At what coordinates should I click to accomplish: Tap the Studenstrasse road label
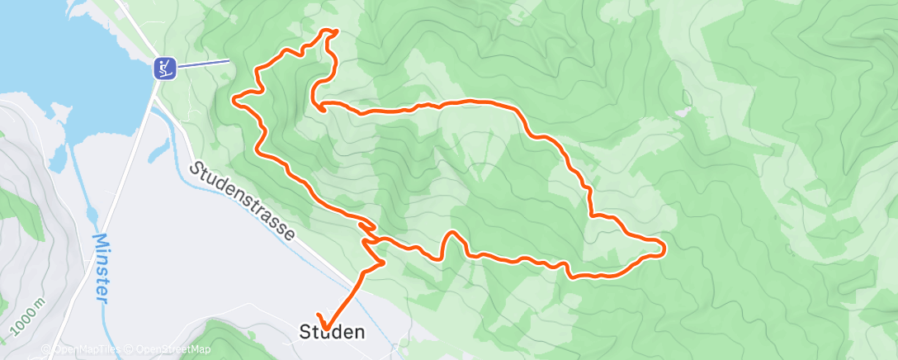pos(242,201)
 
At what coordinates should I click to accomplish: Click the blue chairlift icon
pos(165,67)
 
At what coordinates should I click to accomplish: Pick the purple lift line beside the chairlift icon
pos(203,63)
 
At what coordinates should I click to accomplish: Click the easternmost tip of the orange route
pos(664,246)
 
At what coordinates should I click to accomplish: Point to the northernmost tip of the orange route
pos(334,31)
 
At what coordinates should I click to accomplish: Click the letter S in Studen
pos(304,333)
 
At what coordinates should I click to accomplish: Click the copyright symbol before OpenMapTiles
pos(45,349)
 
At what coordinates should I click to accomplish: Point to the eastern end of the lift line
pos(229,60)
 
